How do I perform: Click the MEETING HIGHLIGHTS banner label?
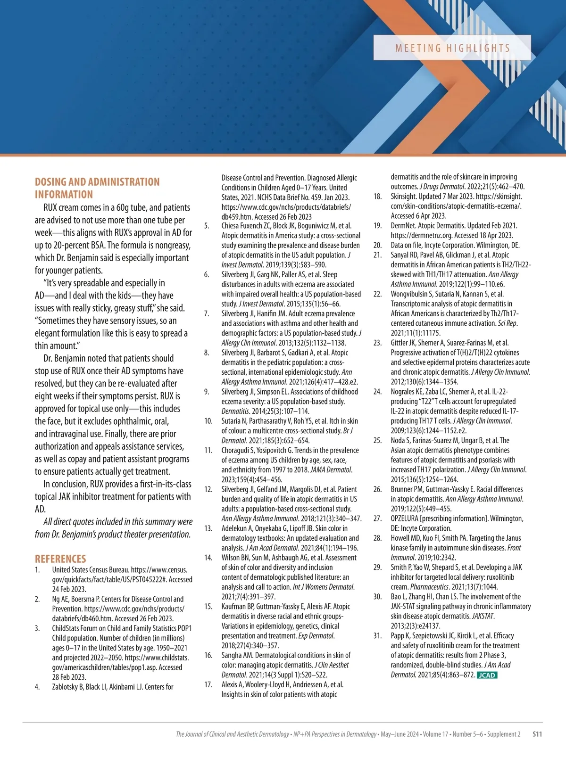tap(452, 48)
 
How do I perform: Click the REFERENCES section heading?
tap(60, 559)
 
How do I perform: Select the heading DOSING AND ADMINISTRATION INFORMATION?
tap(97, 188)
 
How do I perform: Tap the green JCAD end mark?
tap(487, 675)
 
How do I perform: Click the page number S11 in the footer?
tap(537, 734)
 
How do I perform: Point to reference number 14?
tap(208, 558)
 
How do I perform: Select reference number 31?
tap(377, 636)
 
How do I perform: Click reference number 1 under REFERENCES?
tap(37, 570)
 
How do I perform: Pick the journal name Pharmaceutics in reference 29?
tap(429, 587)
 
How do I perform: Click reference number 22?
tap(377, 294)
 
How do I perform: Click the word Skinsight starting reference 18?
tap(403, 196)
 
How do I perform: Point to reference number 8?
tap(207, 353)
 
